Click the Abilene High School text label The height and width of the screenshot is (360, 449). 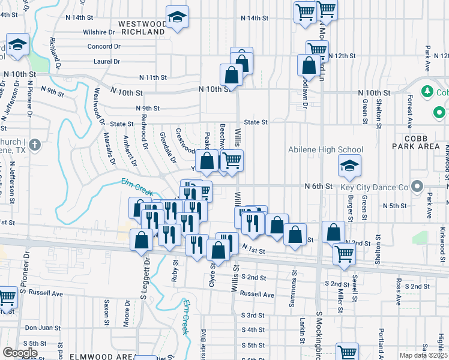click(x=326, y=150)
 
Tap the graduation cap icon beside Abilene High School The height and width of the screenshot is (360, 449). click(x=349, y=166)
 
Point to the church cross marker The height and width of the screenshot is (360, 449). click(x=35, y=145)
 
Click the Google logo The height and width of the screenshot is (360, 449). click(x=20, y=352)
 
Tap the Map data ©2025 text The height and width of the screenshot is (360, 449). click(x=423, y=355)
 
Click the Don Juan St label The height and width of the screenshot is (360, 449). click(x=43, y=328)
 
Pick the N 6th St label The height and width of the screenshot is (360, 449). click(x=318, y=187)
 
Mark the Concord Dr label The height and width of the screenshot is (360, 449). click(x=103, y=46)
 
